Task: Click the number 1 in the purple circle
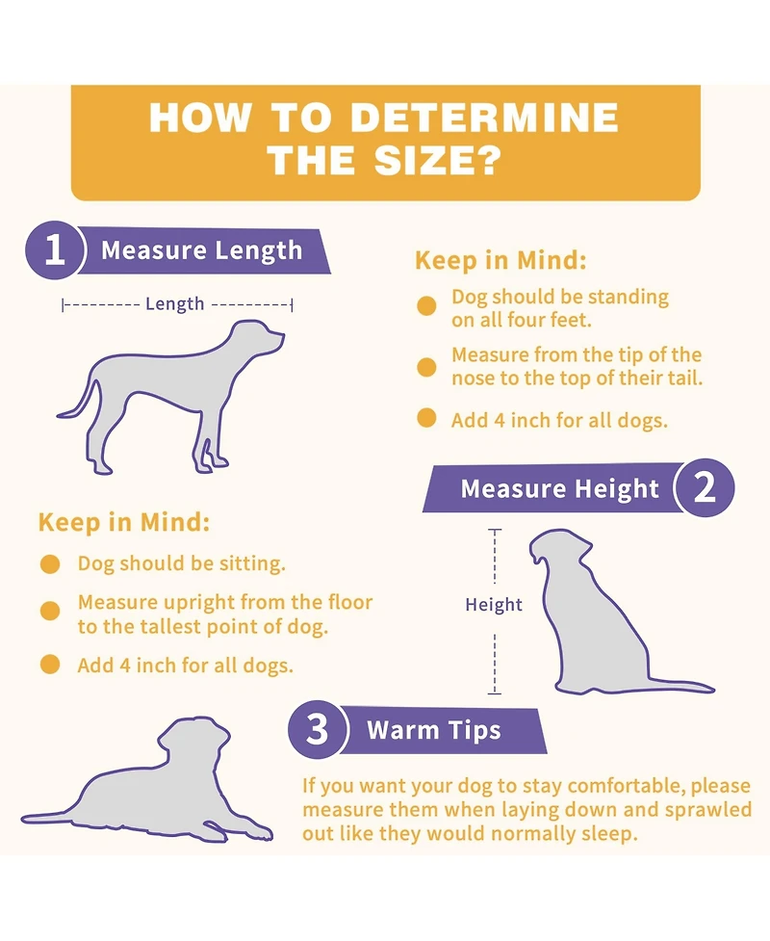point(54,249)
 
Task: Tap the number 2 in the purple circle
point(705,488)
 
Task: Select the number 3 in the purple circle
point(318,729)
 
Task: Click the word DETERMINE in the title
point(483,118)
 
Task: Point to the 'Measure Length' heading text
point(201,250)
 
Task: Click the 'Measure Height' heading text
point(559,489)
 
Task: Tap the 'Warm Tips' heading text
point(433,730)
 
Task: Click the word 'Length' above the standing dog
point(174,304)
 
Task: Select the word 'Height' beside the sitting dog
point(494,604)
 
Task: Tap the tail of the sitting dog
point(680,686)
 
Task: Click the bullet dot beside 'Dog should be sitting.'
point(50,564)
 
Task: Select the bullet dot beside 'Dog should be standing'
point(426,305)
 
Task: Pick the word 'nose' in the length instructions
point(472,379)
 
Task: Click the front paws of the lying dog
point(255,831)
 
